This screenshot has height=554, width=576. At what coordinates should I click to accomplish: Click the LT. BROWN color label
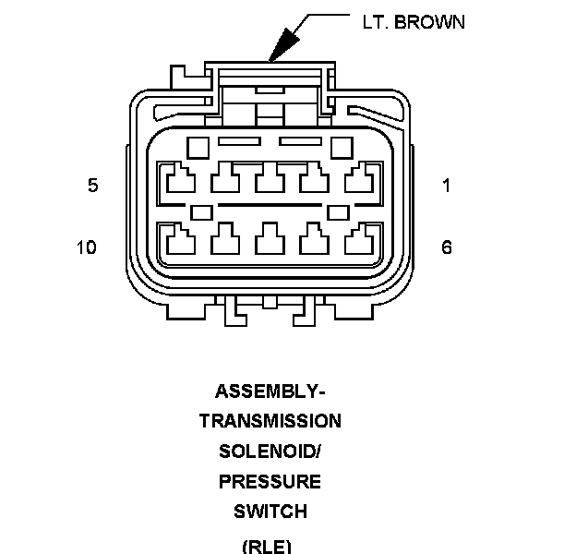(x=414, y=21)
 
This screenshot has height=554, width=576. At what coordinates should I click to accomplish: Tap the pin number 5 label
(x=92, y=186)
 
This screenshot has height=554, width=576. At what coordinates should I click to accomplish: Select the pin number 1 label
(x=447, y=186)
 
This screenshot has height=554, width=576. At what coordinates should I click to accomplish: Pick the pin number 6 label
(x=447, y=247)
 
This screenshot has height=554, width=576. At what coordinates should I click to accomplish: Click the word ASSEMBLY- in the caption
(x=270, y=391)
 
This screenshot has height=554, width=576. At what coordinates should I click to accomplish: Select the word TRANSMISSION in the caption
(x=270, y=421)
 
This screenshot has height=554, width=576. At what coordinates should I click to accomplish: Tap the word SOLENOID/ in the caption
(x=270, y=452)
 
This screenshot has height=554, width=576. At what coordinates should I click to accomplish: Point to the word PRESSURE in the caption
(x=270, y=482)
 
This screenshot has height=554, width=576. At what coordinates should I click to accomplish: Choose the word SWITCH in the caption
(x=270, y=512)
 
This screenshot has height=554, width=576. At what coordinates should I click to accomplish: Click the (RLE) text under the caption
(x=268, y=546)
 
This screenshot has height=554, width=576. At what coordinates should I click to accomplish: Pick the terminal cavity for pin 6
(x=360, y=241)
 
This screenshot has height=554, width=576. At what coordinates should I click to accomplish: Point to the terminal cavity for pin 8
(x=270, y=241)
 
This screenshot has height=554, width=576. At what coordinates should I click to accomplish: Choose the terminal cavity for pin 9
(x=224, y=241)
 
